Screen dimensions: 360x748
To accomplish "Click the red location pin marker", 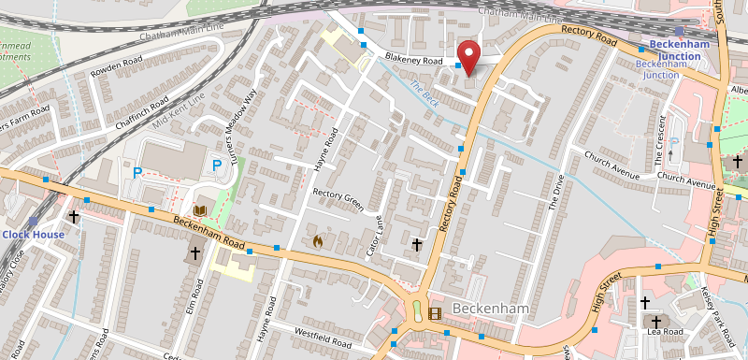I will point(468,56).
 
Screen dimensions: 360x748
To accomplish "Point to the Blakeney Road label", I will point(412,61).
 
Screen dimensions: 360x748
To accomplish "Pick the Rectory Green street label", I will point(337,201).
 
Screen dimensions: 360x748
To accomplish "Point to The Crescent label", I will point(662,130).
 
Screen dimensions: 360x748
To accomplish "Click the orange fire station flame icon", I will point(318,241).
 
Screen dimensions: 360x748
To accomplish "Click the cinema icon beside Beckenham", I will point(434,313).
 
